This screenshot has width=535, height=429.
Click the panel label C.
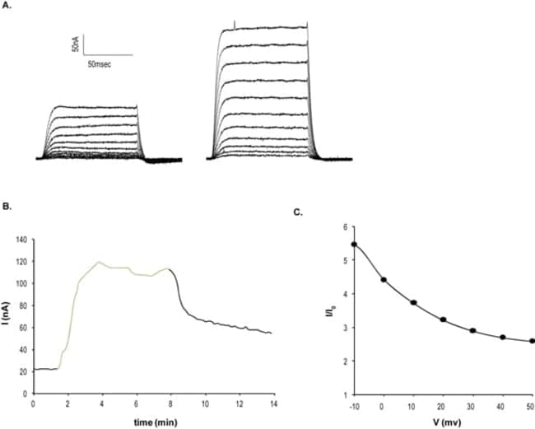click(x=299, y=212)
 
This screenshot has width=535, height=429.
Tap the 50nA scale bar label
click(x=76, y=44)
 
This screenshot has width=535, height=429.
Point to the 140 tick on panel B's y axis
click(x=21, y=240)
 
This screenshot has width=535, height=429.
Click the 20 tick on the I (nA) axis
click(x=24, y=370)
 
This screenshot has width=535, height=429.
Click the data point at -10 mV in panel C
click(x=354, y=244)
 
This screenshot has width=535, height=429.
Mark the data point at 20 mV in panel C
click(x=443, y=319)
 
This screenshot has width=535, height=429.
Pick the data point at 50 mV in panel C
click(x=532, y=341)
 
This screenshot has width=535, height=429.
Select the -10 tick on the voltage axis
click(x=354, y=405)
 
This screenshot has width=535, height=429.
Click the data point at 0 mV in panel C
click(x=384, y=280)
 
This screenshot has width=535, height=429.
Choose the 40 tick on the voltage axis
click(x=502, y=405)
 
